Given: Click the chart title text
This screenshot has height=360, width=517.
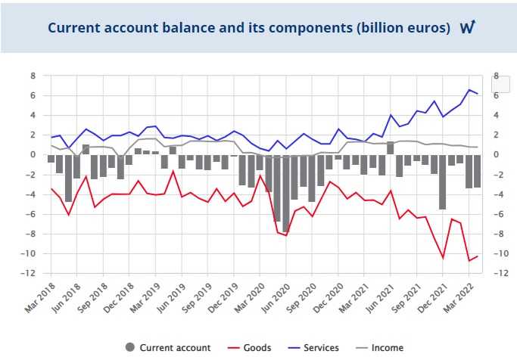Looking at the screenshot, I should coord(249,28).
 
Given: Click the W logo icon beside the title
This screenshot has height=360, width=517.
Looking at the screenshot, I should coord(467,27).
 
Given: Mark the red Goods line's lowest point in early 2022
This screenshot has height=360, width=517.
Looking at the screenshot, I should coord(469,261).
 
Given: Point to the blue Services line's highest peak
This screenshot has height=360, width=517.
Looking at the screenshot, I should coord(469,90).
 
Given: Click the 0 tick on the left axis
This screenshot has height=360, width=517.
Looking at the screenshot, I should coord(33,154).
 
